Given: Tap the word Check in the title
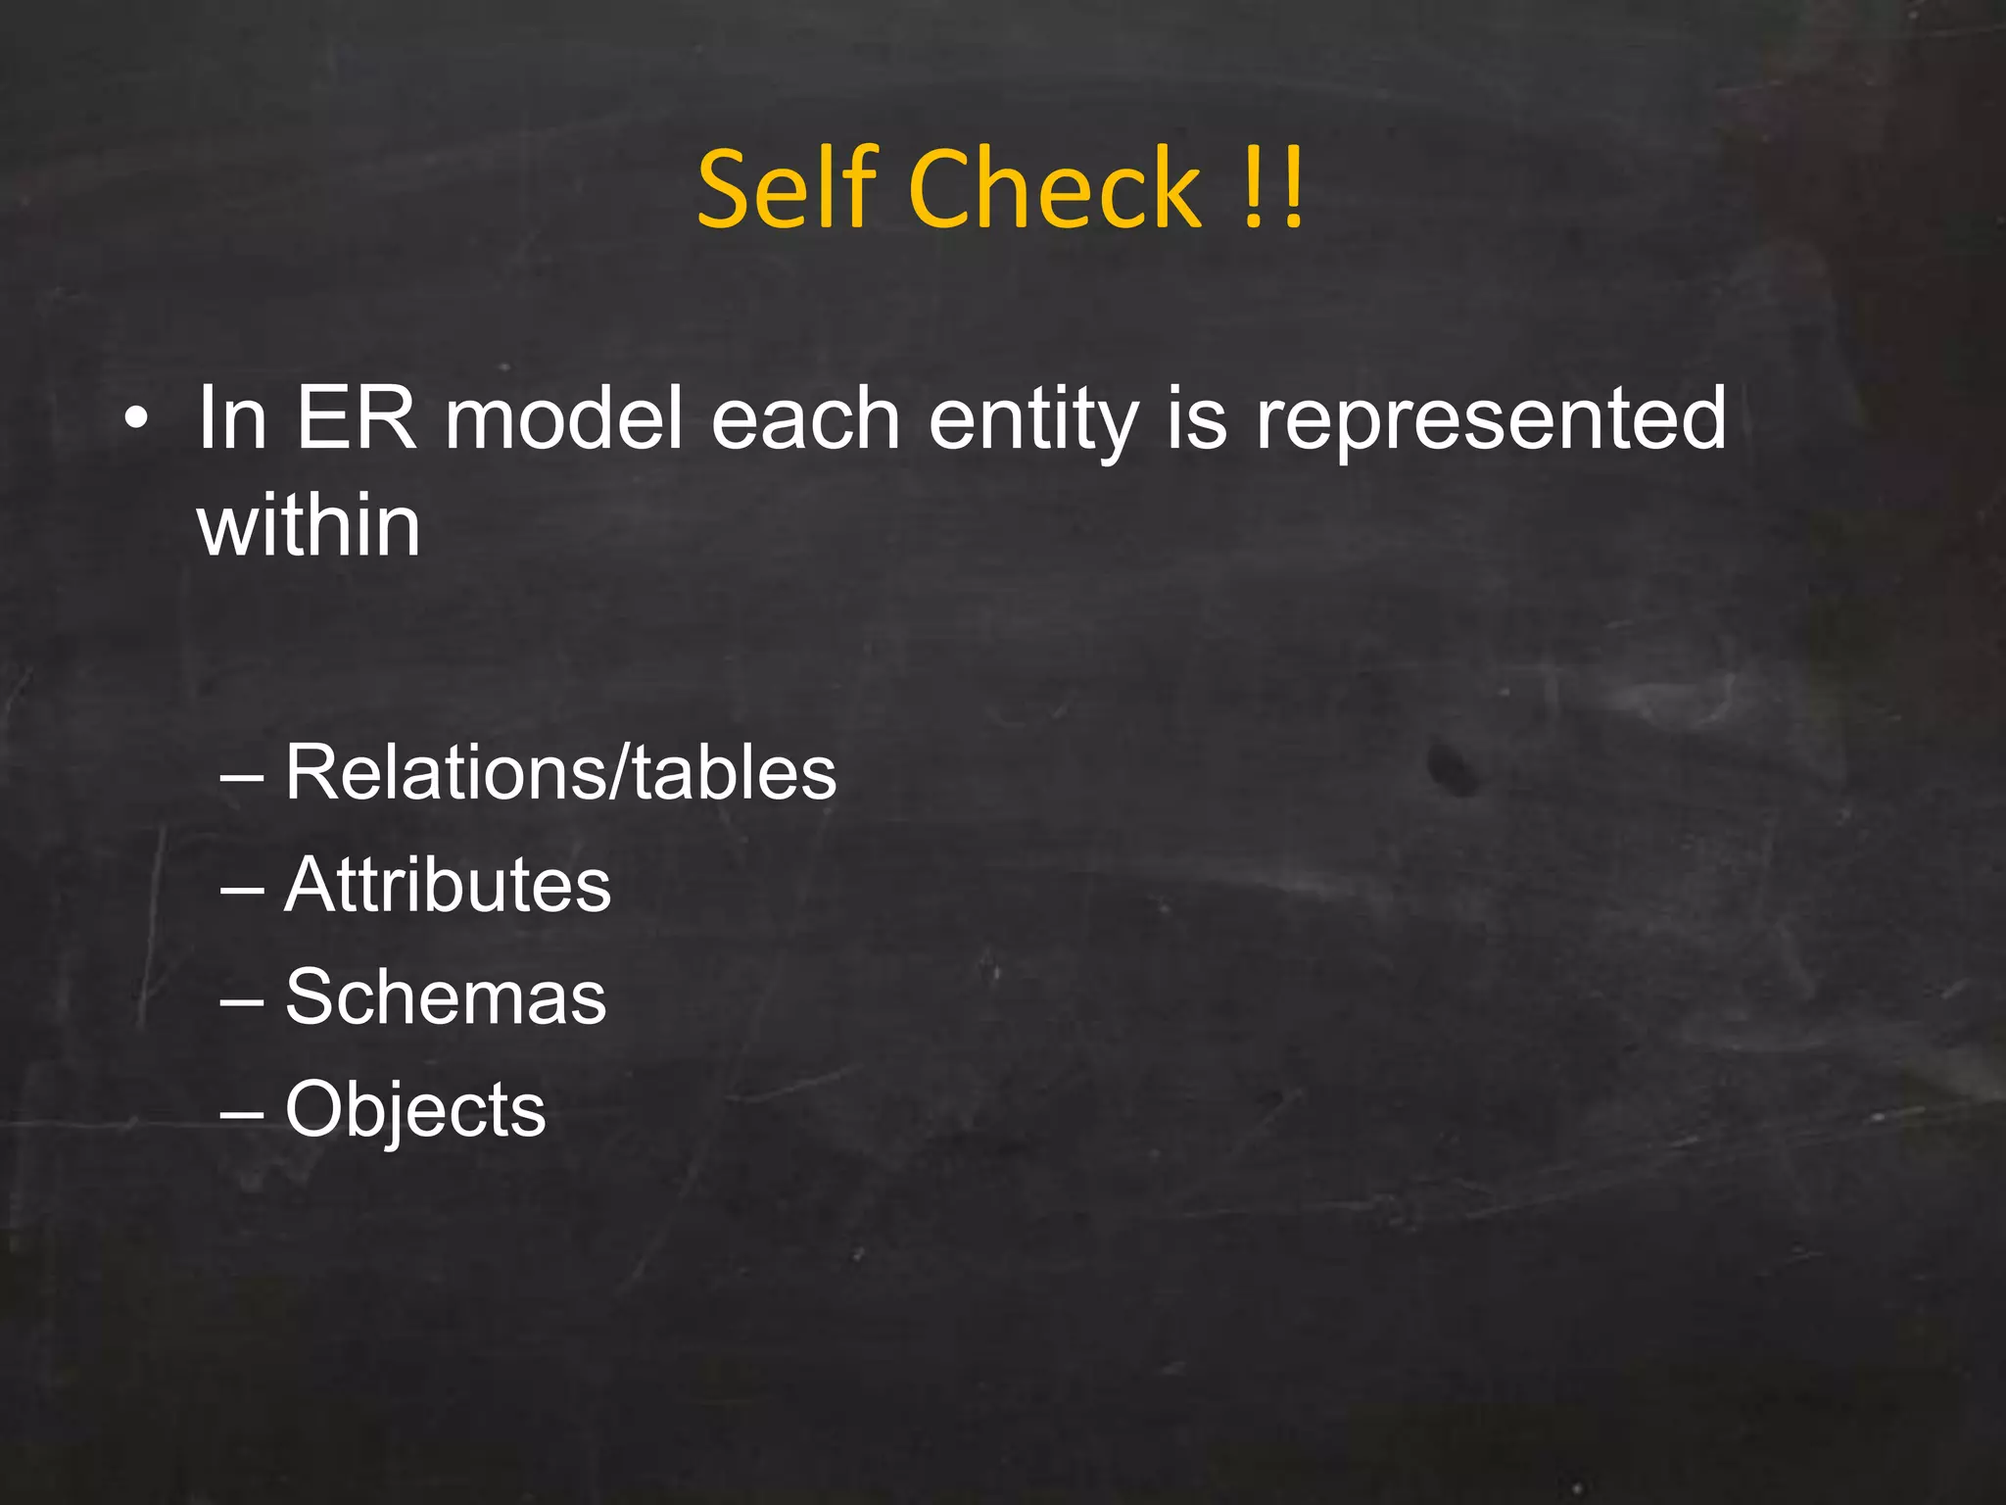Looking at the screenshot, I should pos(1055,188).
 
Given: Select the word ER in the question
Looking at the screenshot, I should pos(357,418).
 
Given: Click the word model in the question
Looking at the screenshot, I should pos(563,418).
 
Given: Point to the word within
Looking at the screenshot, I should pos(309,526).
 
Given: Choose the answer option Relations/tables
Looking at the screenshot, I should pos(560,773).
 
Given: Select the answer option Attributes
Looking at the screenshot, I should pos(448,885).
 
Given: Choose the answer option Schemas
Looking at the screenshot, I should pos(446,997).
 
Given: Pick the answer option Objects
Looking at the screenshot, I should pos(415,1110).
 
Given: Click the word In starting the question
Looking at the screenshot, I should pos(232,418).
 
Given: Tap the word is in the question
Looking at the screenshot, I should pos(1196,418).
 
